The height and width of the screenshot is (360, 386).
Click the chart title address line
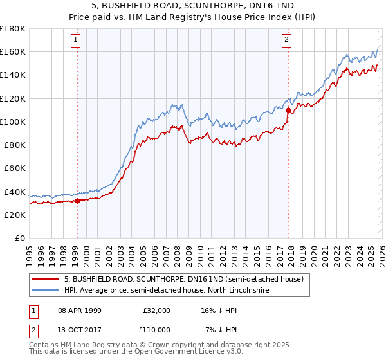[x=193, y=6]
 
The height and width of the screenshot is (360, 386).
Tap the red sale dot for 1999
[x=77, y=201]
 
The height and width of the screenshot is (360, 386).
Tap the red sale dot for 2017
[x=288, y=110]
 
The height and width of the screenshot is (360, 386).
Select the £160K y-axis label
[x=13, y=51]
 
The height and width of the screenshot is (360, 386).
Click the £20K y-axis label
[x=15, y=215]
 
